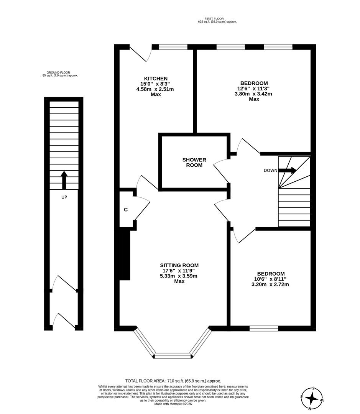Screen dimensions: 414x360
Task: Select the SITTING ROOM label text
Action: coord(179,265)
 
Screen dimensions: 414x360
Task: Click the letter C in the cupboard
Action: coord(125,210)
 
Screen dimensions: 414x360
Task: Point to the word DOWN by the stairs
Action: coord(270,171)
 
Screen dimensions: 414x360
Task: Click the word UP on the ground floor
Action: coord(64,197)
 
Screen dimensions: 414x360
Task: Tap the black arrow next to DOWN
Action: coord(288,171)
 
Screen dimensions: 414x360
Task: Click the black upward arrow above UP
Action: coord(64,180)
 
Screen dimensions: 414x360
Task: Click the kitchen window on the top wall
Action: coord(173,47)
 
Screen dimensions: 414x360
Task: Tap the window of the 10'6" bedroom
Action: coord(264,328)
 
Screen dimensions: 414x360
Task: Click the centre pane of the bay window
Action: coord(173,356)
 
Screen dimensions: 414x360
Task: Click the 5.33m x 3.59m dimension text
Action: coord(179,276)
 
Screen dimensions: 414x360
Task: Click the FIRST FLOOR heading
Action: coord(214,18)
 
